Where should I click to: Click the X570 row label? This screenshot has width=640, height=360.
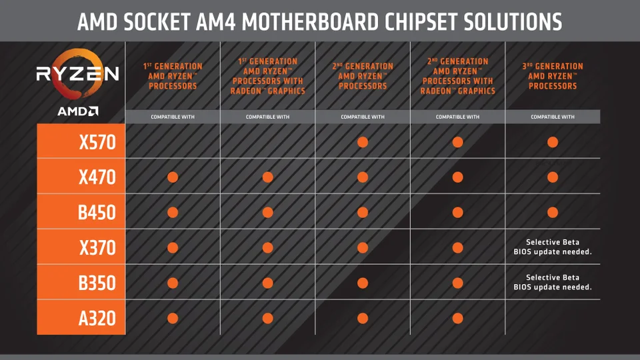coord(97,142)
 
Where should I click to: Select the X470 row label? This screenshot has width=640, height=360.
coord(97,177)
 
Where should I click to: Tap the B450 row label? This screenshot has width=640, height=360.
coord(97,212)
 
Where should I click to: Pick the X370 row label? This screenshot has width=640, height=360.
coord(97,248)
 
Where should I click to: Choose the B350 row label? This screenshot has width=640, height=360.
coord(97,283)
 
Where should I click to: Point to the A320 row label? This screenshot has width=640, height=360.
coord(97,318)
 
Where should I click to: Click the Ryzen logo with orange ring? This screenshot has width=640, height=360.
coord(77,74)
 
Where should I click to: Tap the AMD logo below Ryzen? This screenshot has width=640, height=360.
coord(77,111)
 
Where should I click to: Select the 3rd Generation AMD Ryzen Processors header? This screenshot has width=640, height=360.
coord(553,76)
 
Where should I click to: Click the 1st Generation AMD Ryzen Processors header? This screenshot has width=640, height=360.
coord(173,76)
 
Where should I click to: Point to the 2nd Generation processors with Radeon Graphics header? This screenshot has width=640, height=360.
coord(457,76)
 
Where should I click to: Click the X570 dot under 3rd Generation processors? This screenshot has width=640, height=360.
coord(553,142)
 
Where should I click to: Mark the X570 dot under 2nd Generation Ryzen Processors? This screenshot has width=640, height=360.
coord(363,142)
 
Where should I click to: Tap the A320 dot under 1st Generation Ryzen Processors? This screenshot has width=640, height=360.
coord(173,318)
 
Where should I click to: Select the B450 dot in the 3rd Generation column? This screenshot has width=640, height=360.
coord(553,212)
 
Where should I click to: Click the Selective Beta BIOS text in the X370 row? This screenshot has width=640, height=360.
coord(553,247)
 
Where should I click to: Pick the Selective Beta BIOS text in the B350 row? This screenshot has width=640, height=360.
coord(553,282)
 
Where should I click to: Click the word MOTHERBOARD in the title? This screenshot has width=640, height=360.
coord(310,22)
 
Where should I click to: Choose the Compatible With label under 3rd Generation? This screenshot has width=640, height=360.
coord(553,117)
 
